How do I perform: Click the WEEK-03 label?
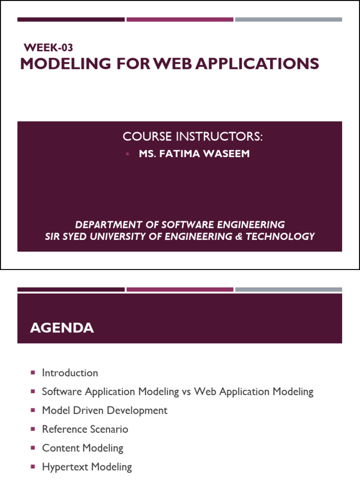(x=48, y=47)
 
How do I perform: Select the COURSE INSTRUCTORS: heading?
(x=193, y=136)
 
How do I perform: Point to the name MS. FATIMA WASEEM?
(x=194, y=154)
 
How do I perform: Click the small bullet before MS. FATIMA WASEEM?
(x=127, y=154)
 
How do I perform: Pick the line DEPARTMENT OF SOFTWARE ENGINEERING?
(x=180, y=224)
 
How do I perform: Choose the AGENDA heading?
(x=62, y=328)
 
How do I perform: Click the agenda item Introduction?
(x=70, y=373)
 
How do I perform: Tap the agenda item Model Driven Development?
(x=105, y=411)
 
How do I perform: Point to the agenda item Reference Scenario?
(x=85, y=429)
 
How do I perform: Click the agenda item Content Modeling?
(x=82, y=448)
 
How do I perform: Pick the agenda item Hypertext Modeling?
(x=87, y=467)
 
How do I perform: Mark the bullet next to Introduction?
(x=33, y=373)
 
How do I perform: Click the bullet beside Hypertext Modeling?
(x=33, y=467)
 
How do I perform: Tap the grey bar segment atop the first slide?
(x=288, y=20)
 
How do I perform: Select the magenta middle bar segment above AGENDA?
(x=180, y=290)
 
